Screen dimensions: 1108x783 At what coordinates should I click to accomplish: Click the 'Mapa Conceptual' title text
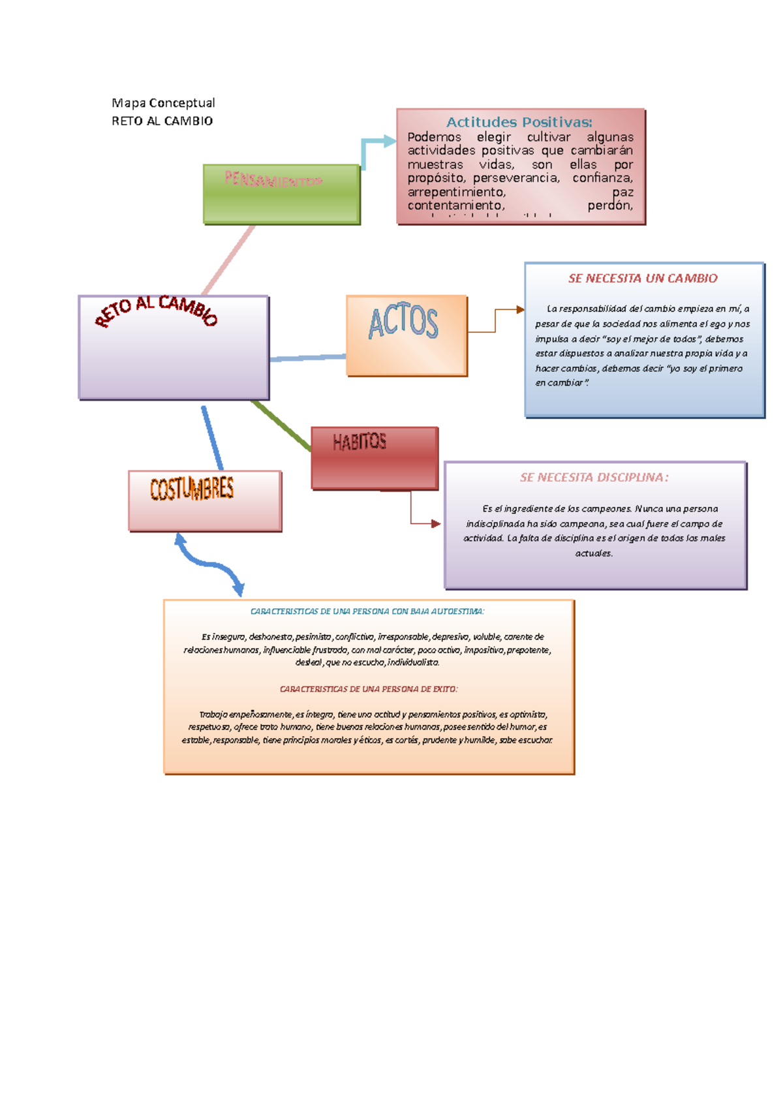click(163, 103)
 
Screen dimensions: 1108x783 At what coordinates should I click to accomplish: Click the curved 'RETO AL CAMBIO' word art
click(157, 309)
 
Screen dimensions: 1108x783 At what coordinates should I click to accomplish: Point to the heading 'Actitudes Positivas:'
click(519, 122)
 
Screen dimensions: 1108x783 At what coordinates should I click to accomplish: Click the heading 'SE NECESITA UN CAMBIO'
click(643, 279)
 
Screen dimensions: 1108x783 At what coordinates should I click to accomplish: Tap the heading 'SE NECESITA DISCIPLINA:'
click(594, 478)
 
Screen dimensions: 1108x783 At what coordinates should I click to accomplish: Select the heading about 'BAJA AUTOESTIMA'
click(367, 611)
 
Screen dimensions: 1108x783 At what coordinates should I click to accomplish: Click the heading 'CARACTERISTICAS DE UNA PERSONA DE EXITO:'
click(369, 689)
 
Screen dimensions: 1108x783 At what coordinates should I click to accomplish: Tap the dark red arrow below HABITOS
click(418, 519)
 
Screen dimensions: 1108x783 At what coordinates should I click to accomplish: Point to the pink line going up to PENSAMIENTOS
click(228, 260)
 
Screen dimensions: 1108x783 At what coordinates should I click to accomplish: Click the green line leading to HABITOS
click(281, 425)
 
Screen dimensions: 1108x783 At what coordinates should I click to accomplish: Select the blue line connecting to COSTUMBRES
click(212, 437)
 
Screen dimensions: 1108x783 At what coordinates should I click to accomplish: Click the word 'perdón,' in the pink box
click(610, 206)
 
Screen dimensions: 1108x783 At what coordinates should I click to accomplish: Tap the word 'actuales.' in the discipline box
click(594, 553)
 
